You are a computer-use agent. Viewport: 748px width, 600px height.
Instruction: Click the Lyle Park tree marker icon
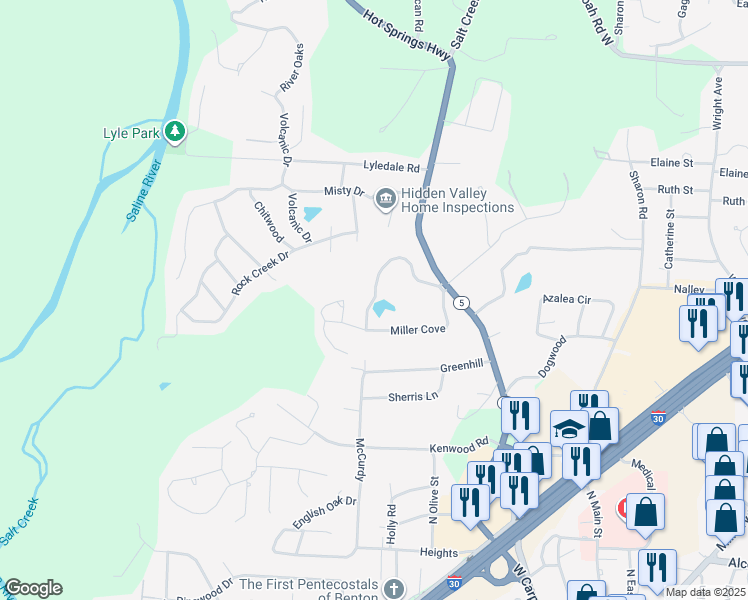[x=175, y=131]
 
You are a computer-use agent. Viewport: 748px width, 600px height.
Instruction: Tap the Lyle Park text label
[x=131, y=132]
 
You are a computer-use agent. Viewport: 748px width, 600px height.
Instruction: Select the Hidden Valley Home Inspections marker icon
[x=385, y=200]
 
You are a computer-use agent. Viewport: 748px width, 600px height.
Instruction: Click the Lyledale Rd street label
[x=391, y=169]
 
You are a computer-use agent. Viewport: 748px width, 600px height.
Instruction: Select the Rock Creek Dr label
[x=259, y=271]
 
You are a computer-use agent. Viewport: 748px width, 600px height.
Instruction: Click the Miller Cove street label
[x=417, y=329]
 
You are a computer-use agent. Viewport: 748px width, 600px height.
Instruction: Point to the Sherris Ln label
[x=413, y=397]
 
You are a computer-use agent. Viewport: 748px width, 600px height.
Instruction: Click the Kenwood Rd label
[x=459, y=446]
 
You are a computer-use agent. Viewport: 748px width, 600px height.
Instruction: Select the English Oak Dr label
[x=325, y=513]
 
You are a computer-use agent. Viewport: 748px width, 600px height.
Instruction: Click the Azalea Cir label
[x=567, y=299]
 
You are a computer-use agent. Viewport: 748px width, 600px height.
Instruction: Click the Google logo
[x=33, y=588]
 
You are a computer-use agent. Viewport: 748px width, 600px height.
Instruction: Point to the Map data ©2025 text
[x=705, y=592]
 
